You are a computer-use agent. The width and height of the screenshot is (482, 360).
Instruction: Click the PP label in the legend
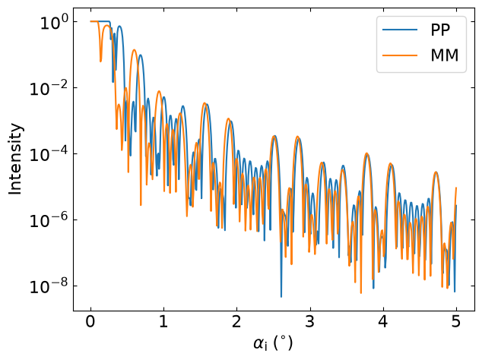tap(440, 30)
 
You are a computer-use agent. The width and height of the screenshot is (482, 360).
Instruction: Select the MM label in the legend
tap(445, 55)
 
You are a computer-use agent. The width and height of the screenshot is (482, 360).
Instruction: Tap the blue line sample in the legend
tap(400, 30)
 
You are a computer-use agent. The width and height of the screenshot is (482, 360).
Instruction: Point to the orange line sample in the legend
tap(400, 55)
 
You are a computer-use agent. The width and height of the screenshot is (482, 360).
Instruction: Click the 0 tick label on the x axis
tap(90, 321)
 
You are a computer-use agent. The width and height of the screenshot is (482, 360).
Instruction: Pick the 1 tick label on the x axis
tap(163, 321)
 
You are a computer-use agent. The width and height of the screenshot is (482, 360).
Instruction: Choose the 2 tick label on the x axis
tap(236, 321)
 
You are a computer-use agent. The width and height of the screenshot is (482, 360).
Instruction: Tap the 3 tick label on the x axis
tap(310, 321)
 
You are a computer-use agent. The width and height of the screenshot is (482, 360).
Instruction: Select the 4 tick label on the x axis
tap(383, 321)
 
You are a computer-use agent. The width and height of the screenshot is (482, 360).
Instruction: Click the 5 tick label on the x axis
tap(456, 321)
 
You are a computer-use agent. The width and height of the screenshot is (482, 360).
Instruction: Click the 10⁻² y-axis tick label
tap(49, 88)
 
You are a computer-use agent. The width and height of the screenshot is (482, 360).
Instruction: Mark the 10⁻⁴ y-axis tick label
tap(49, 154)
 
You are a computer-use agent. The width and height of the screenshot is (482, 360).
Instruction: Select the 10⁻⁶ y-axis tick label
tap(49, 220)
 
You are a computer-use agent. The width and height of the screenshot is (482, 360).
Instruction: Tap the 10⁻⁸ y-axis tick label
tap(49, 286)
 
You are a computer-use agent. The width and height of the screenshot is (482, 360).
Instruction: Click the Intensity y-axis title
tap(15, 159)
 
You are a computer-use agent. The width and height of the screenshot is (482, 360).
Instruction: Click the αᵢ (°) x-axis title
tap(273, 343)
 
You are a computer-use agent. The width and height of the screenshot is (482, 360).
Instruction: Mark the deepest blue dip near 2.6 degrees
tap(281, 297)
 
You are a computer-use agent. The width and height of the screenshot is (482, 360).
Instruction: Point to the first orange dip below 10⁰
tap(100, 62)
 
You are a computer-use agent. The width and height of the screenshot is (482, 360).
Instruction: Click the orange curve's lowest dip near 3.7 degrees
tap(361, 292)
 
